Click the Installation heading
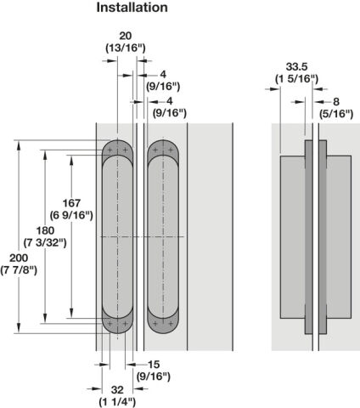point(132,8)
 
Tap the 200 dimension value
point(19,258)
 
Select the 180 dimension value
point(45,230)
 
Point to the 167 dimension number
point(71,203)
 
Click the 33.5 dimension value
point(296,67)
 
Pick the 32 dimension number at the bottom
point(117,390)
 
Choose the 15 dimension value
point(154,365)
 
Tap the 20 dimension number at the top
point(126,36)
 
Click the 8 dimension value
point(336,102)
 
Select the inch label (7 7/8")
point(19,270)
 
